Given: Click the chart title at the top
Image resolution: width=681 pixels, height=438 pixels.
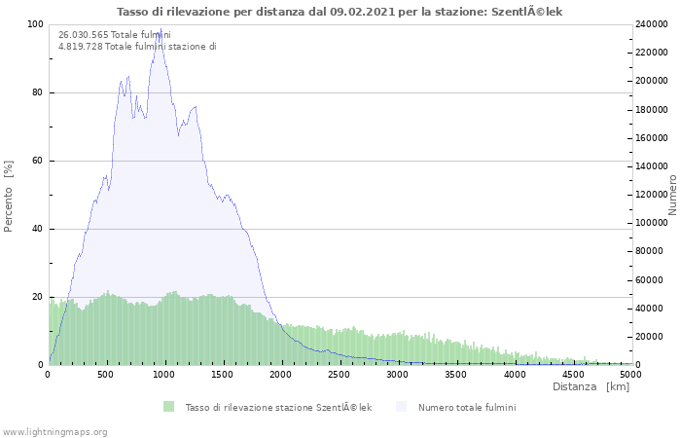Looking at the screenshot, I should pos(340,12).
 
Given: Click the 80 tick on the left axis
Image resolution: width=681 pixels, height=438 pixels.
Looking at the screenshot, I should pos(37,92).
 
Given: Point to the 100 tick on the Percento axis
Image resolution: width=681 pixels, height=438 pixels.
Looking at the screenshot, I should pos(34,24).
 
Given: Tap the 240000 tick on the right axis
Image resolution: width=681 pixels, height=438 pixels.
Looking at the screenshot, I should pos(653,24).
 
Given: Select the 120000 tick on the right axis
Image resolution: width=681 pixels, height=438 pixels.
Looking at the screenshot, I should pos(653,195).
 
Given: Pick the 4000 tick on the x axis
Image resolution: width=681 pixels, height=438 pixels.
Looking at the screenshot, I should pos(514,374).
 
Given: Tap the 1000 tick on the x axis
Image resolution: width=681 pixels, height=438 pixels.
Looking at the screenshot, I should pos(164,374).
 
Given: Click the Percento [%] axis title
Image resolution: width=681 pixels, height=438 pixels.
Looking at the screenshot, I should pos(10,196).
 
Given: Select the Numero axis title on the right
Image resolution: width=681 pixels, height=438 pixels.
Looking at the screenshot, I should pos(672,195).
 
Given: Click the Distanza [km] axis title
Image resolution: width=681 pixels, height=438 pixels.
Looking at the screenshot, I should pos(591,387).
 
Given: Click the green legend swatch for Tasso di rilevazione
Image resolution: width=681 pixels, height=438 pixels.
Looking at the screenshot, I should pos(168,407).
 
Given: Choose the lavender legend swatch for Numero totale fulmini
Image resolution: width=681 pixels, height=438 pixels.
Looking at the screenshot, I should pos(402,407).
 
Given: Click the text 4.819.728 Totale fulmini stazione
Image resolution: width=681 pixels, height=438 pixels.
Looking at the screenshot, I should pos(137,47).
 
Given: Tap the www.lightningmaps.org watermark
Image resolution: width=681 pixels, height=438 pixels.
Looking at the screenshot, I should pos(54,431).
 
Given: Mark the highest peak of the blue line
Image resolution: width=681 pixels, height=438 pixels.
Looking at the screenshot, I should pos(160,30).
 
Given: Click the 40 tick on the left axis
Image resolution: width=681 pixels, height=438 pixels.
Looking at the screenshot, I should pos(37,229).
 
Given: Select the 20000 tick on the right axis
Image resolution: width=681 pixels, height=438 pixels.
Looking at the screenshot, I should pos(650,337).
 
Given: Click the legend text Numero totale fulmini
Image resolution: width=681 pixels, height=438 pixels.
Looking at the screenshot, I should pos(467,407).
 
